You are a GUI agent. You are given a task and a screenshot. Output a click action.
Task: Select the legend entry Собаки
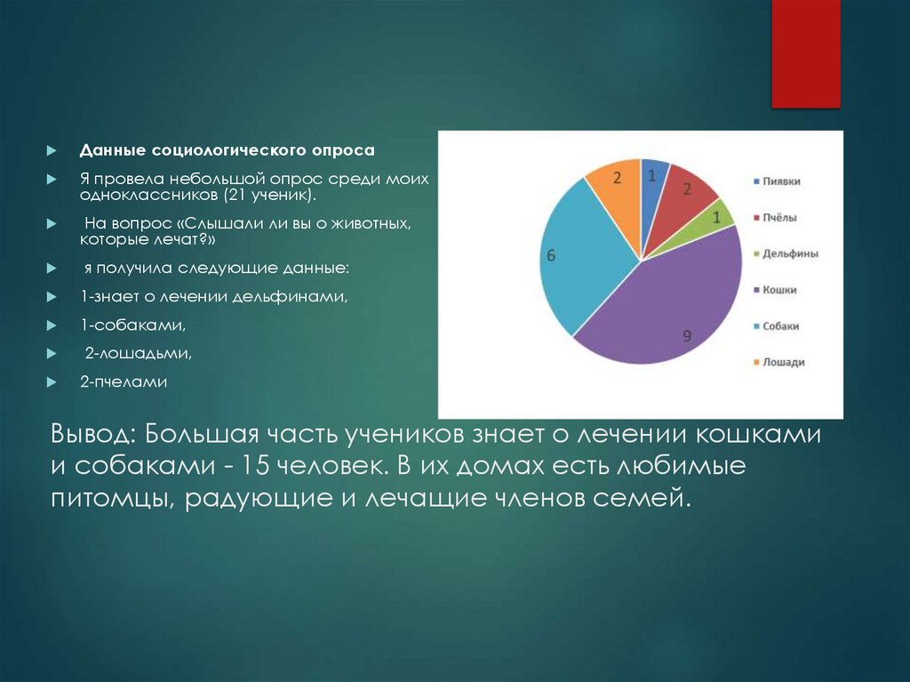pos(779,326)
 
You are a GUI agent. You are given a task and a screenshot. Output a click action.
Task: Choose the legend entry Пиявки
pos(781,181)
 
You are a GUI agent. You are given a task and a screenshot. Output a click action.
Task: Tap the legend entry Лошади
pos(781,363)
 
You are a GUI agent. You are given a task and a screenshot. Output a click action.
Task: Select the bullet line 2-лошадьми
pos(139,354)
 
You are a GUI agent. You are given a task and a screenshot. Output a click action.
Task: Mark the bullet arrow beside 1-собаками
pos(52,326)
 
